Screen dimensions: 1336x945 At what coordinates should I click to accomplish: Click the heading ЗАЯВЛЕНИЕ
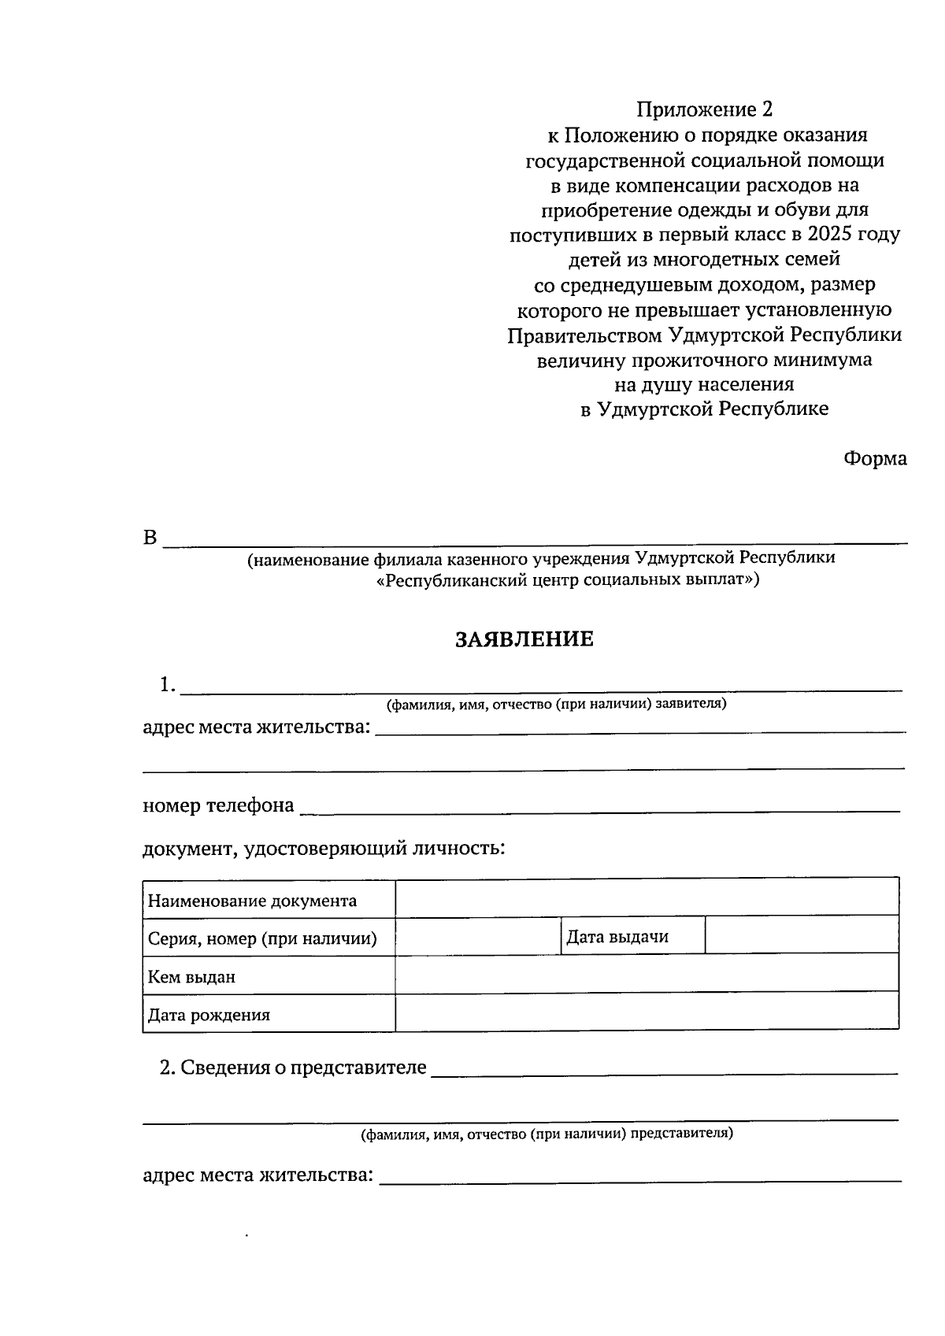524,639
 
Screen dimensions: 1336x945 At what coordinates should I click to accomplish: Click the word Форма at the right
875,458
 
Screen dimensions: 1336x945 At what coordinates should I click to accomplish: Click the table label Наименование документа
252,901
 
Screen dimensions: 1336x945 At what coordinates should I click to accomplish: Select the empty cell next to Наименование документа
646,897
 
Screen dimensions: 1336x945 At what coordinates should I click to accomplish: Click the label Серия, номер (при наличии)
262,938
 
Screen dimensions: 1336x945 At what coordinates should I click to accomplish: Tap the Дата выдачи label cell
617,937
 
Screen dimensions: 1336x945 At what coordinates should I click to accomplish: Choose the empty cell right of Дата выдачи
801,935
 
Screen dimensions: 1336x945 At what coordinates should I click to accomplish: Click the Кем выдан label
191,977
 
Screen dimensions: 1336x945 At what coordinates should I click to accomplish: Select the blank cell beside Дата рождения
646,1012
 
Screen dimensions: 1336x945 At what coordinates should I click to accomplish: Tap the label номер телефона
218,805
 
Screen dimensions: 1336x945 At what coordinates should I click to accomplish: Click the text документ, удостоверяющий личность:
324,849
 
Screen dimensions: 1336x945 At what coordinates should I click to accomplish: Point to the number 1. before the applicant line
167,685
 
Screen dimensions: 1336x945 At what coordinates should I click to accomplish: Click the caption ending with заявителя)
556,704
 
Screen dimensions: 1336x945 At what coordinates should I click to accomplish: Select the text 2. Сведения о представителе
293,1068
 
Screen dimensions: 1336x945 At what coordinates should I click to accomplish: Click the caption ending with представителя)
547,1134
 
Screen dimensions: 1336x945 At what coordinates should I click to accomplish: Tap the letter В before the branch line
150,538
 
